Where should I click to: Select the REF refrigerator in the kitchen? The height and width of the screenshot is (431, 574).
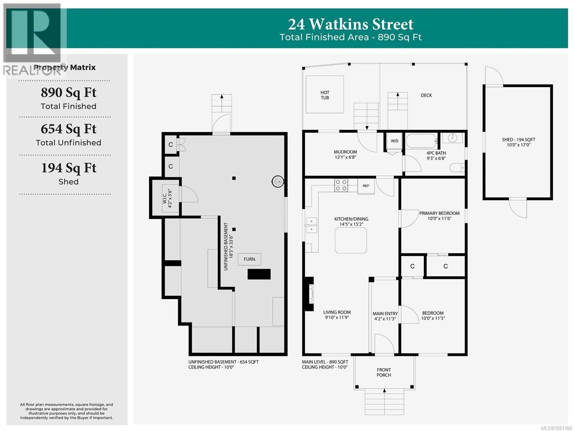(366, 186)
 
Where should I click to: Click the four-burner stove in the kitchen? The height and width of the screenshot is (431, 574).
(341, 185)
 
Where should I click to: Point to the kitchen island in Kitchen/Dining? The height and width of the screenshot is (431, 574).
(351, 240)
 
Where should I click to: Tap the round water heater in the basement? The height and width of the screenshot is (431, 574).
(278, 182)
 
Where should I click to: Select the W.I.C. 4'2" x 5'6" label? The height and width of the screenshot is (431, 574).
(167, 198)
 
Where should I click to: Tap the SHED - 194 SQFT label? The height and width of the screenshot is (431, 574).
(518, 142)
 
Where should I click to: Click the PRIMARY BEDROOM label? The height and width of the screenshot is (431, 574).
(439, 213)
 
